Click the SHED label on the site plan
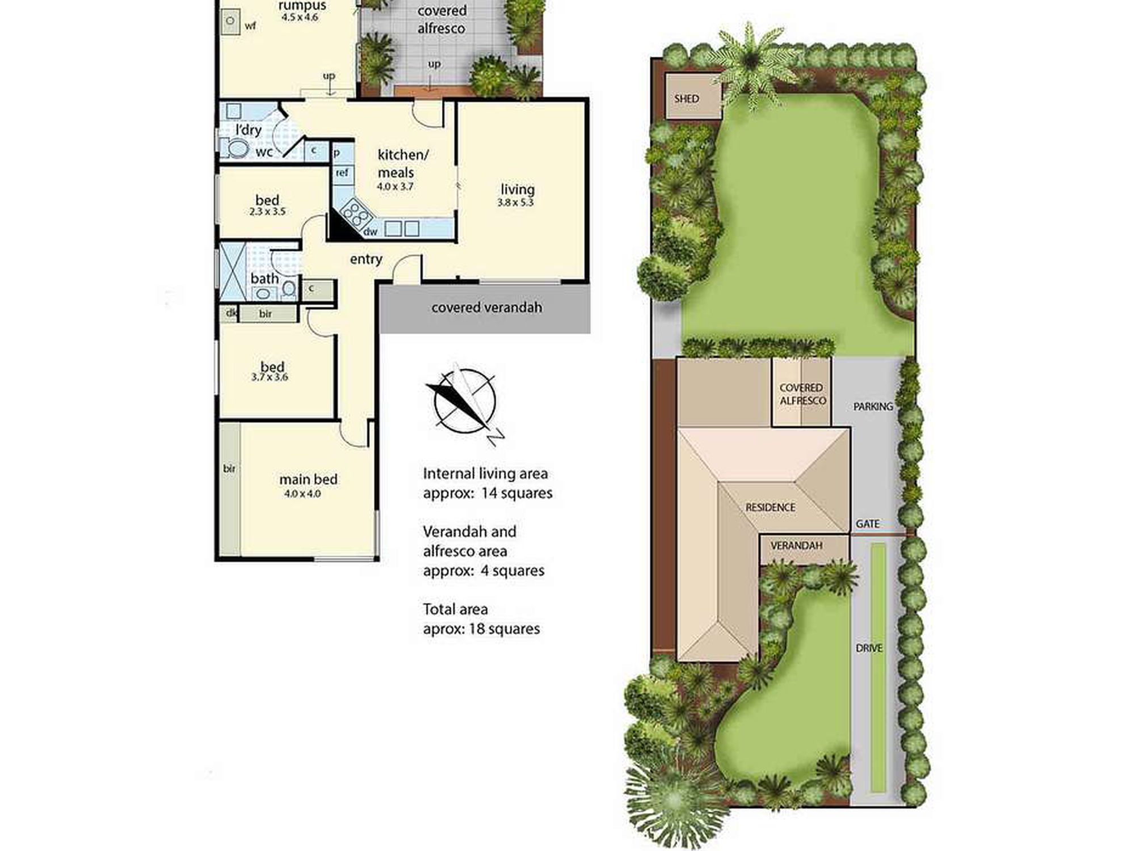tap(686, 99)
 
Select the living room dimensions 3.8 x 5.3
tap(515, 203)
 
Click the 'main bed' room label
tap(308, 479)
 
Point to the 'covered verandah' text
tap(486, 307)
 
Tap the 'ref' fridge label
tap(342, 172)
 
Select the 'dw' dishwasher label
tap(370, 231)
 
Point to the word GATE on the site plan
tap(868, 524)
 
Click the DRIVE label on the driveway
tap(869, 648)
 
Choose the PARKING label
tap(873, 406)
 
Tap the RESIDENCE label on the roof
tap(770, 507)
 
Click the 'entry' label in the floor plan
tap(366, 259)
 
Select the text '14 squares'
tap(516, 493)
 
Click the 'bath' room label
tap(264, 279)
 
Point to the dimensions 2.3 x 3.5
tap(267, 212)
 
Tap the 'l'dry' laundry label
tap(249, 130)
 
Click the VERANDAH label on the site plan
tap(796, 545)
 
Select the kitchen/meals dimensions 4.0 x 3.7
tap(395, 186)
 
